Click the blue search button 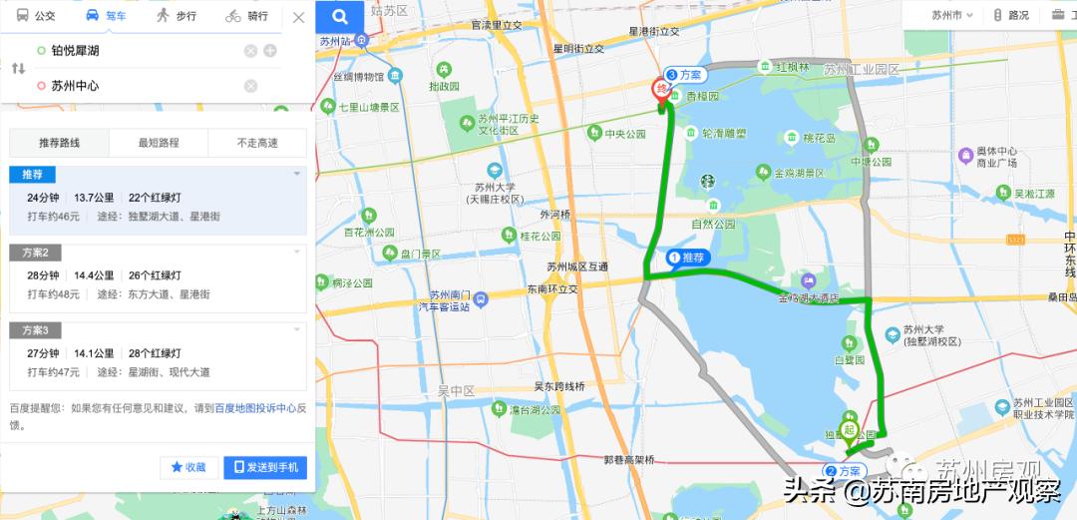[x=340, y=16]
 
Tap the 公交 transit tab [x=37, y=16]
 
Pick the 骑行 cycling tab [x=246, y=16]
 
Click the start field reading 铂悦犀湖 [x=140, y=51]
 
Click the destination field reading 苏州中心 [x=140, y=86]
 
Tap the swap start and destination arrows [x=18, y=69]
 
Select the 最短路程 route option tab [x=158, y=143]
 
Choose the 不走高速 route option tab [x=257, y=143]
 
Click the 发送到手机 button [x=265, y=467]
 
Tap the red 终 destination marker [x=661, y=90]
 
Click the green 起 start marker [x=850, y=431]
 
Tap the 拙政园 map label [x=444, y=86]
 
